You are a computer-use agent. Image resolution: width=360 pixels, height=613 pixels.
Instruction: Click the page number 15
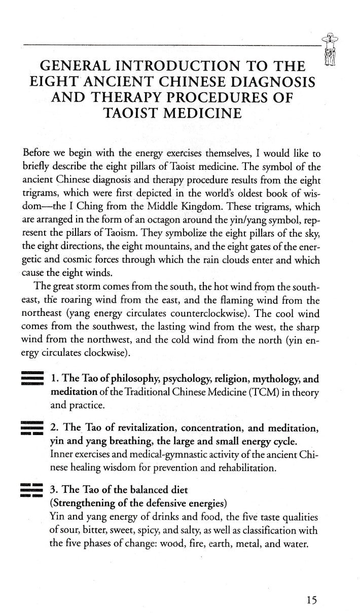click(311, 586)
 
